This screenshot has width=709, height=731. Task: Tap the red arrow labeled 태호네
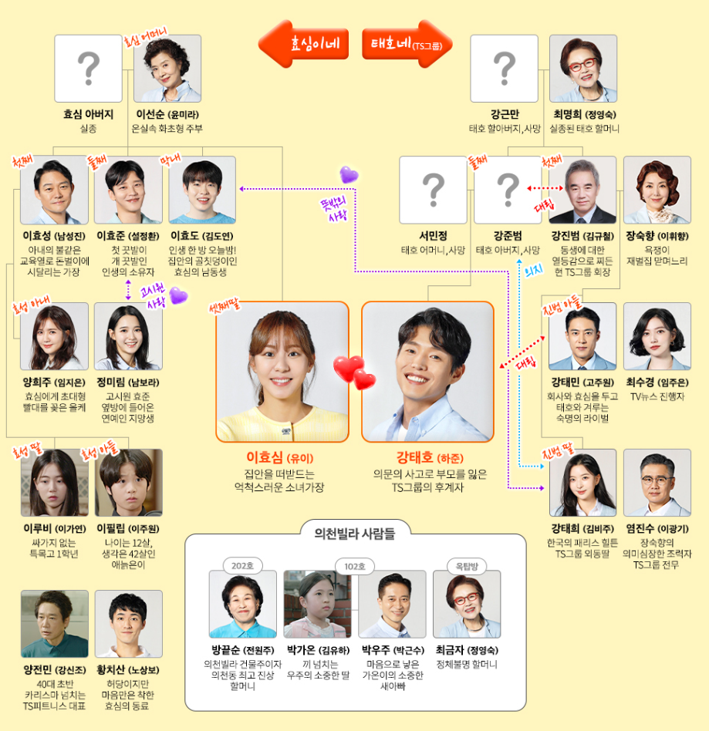pyautogui.click(x=407, y=43)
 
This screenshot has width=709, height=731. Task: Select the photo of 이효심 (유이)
pyautogui.click(x=282, y=371)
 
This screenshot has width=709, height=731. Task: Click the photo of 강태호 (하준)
pyautogui.click(x=427, y=371)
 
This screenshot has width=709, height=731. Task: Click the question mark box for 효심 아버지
pyautogui.click(x=88, y=69)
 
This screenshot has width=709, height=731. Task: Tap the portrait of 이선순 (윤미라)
pyautogui.click(x=167, y=69)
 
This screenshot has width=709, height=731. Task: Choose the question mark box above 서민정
pyautogui.click(x=433, y=190)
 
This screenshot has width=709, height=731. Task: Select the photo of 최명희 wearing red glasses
pyautogui.click(x=582, y=69)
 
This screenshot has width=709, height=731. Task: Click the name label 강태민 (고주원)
pyautogui.click(x=582, y=382)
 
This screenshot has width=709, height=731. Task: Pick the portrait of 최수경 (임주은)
pyautogui.click(x=657, y=336)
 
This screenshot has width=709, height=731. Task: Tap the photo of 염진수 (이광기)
pyautogui.click(x=657, y=483)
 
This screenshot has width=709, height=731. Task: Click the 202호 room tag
pyautogui.click(x=242, y=565)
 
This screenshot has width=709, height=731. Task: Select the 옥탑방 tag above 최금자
pyautogui.click(x=466, y=565)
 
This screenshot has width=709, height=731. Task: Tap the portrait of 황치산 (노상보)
pyautogui.click(x=129, y=624)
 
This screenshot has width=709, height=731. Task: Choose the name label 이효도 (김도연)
pyautogui.click(x=202, y=234)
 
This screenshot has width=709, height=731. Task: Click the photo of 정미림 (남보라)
pyautogui.click(x=128, y=336)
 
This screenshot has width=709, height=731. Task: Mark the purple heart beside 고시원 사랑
pyautogui.click(x=179, y=295)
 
